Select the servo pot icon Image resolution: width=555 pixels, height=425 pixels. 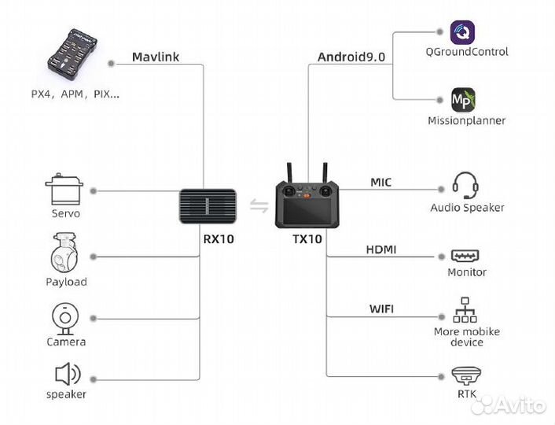tap(64, 190)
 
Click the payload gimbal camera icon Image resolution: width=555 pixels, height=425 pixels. tap(65, 254)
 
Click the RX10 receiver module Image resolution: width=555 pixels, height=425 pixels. tap(208, 208)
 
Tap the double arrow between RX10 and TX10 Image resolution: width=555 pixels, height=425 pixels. tap(258, 207)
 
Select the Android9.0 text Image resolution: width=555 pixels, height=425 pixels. tap(351, 57)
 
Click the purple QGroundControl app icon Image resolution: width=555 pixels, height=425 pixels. tap(463, 32)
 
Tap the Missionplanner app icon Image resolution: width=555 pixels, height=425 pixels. tap(463, 101)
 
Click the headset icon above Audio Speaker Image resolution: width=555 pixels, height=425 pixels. tap(466, 187)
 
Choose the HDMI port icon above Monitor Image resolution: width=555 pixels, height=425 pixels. tap(465, 257)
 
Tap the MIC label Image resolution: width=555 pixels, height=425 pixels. tap(380, 183)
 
